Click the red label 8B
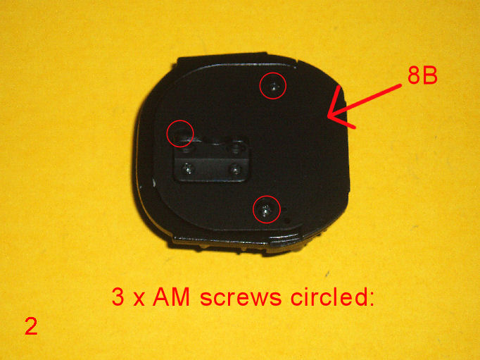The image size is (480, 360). coord(422,75)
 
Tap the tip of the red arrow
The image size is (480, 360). coord(327,116)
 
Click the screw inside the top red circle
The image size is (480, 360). coord(273,87)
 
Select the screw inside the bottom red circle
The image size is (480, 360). coord(265,210)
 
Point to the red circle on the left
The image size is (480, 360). coord(167,134)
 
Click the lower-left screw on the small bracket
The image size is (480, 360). coord(187,168)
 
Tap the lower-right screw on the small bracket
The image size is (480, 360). coord(235,169)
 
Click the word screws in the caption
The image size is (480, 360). coord(241,297)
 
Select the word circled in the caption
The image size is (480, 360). coord(332,297)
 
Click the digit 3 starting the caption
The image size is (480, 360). coord(118,297)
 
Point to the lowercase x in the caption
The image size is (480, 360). coord(139,299)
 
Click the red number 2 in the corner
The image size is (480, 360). coord(31,327)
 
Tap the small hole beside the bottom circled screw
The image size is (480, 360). coord(287,220)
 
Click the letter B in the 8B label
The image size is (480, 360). coord(430,75)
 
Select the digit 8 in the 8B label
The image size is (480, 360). coord(414,75)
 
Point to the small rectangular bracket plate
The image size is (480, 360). coord(211,161)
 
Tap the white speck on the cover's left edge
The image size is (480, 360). coord(153,183)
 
